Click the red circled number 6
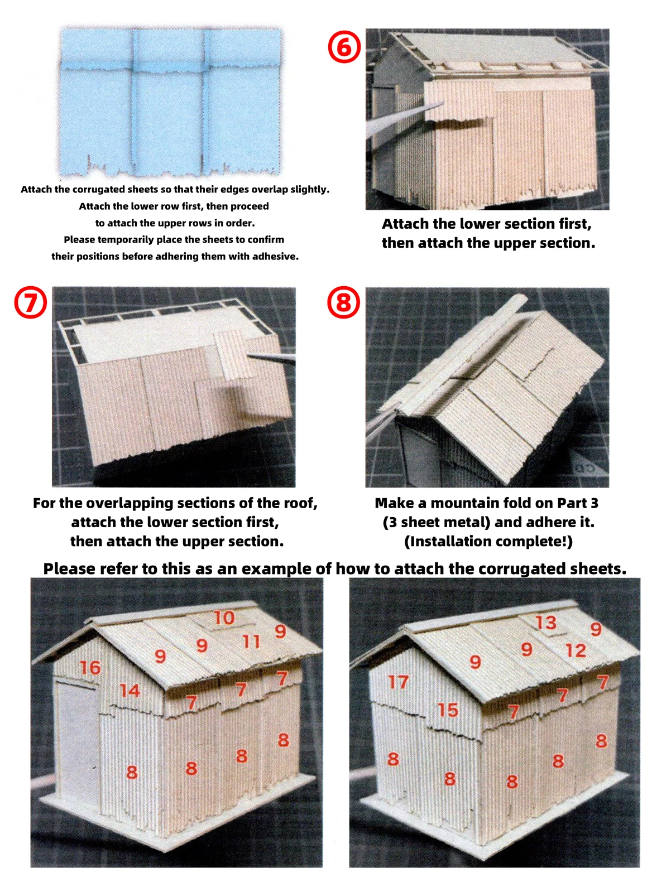pos(343,47)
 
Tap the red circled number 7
pos(30,302)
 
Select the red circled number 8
pos(343,302)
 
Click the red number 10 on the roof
pos(224,617)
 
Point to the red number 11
pos(251,642)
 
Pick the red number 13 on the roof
pos(546,623)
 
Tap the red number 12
pos(576,650)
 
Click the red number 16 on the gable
pos(90,668)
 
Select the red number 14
pos(130,691)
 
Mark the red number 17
pos(399,682)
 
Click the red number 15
pos(448,710)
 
